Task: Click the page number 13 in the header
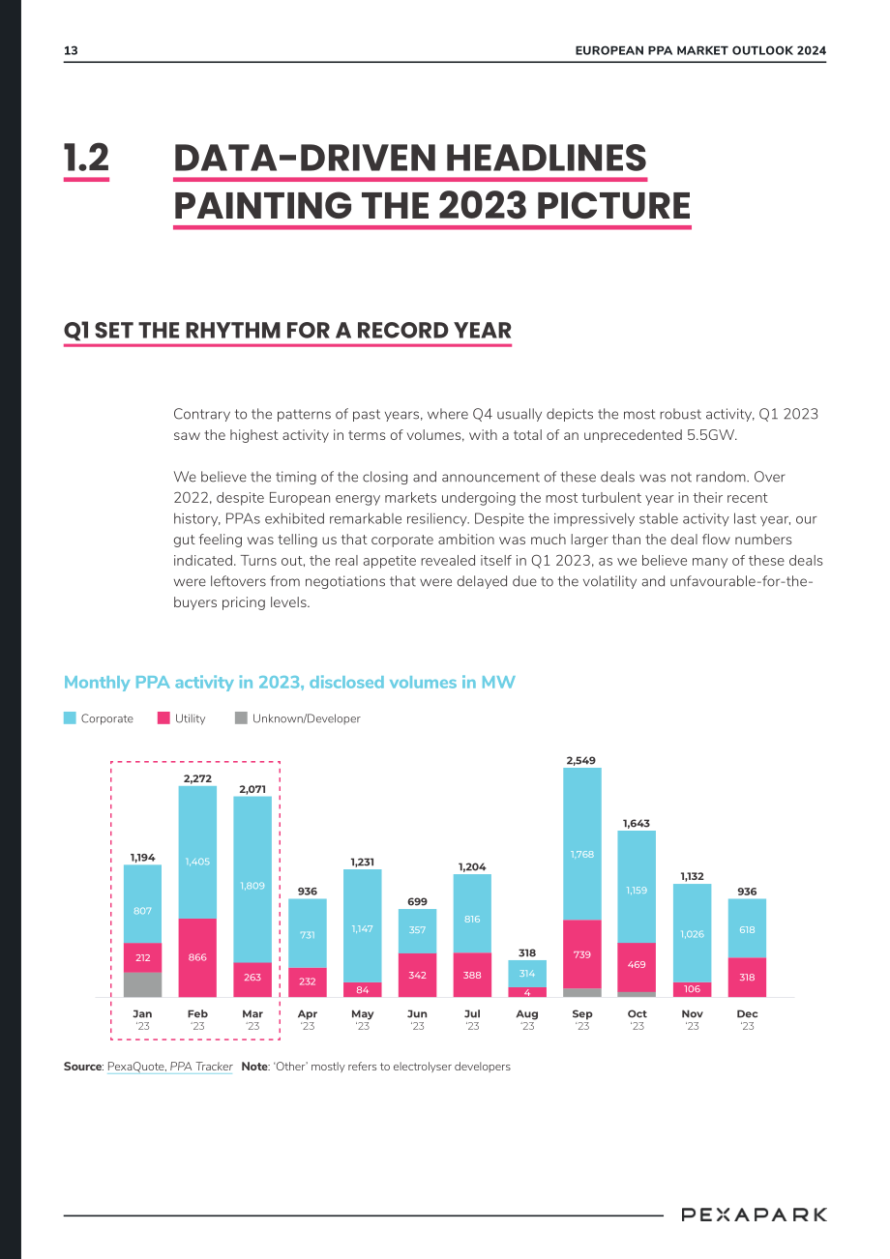pyautogui.click(x=71, y=50)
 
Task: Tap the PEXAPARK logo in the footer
pyautogui.click(x=754, y=1215)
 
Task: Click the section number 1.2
pyautogui.click(x=86, y=158)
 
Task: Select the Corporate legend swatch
pyautogui.click(x=70, y=717)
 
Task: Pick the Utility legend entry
pyautogui.click(x=182, y=717)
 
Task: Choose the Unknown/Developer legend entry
pyautogui.click(x=297, y=717)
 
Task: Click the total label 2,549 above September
pyautogui.click(x=580, y=760)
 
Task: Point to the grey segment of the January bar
pyautogui.click(x=143, y=984)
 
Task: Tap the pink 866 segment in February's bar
pyautogui.click(x=197, y=957)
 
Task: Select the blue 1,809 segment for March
pyautogui.click(x=252, y=879)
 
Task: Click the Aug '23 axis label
pyautogui.click(x=527, y=1019)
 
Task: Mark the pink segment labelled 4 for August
pyautogui.click(x=527, y=992)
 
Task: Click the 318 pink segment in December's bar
pyautogui.click(x=747, y=977)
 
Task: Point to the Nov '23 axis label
pyautogui.click(x=692, y=1019)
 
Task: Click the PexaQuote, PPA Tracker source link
pyautogui.click(x=170, y=1067)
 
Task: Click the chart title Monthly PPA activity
pyautogui.click(x=289, y=682)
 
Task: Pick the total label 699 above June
pyautogui.click(x=417, y=901)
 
